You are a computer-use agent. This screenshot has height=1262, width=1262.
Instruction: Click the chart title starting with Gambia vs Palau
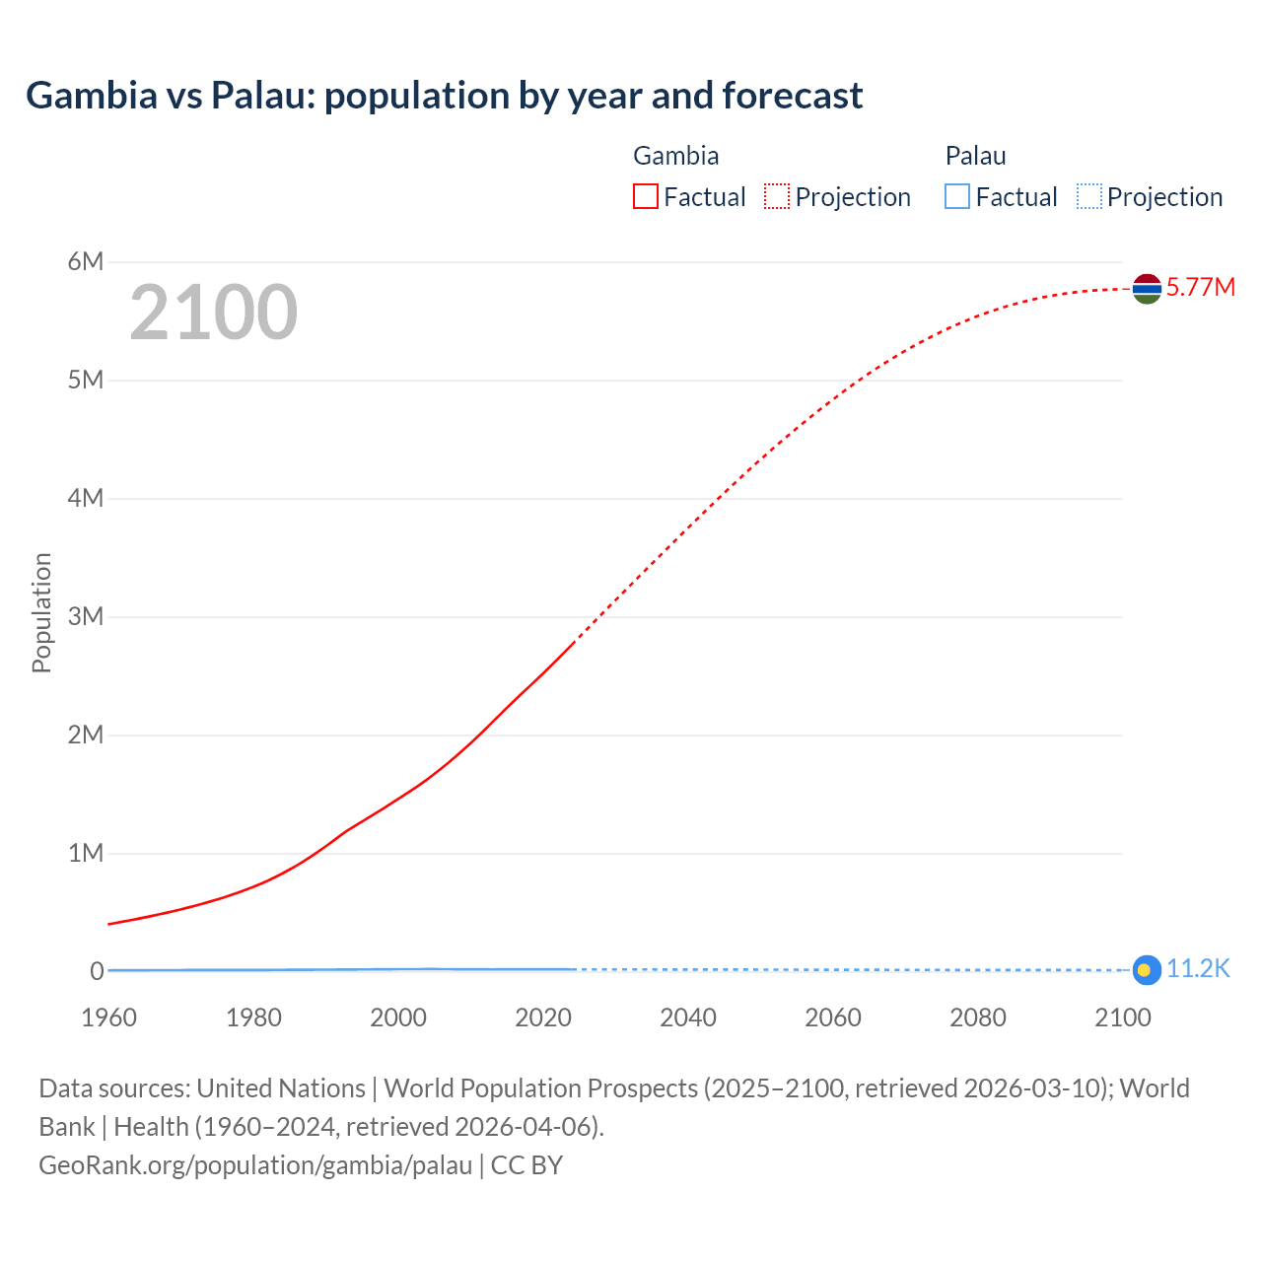click(x=444, y=96)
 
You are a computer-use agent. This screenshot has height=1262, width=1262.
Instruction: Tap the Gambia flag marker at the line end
click(x=1147, y=288)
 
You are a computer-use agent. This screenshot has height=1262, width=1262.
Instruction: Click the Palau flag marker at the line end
click(x=1145, y=970)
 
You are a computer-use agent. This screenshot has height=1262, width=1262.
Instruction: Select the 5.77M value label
click(x=1200, y=287)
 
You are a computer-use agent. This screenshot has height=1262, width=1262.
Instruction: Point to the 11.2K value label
click(x=1198, y=969)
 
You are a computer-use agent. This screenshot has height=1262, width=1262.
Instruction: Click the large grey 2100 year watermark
click(x=213, y=313)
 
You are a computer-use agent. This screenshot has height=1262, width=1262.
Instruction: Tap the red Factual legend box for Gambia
click(x=646, y=197)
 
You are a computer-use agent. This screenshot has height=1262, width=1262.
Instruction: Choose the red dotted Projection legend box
click(x=777, y=197)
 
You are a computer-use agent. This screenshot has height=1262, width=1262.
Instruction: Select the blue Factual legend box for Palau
click(x=957, y=197)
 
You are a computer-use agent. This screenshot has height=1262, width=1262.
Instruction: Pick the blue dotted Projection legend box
click(x=1089, y=197)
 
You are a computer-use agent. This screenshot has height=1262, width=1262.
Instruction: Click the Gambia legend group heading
click(x=675, y=156)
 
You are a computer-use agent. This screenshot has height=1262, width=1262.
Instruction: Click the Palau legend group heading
click(x=975, y=156)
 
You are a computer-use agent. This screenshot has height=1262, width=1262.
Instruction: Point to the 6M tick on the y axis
click(x=86, y=261)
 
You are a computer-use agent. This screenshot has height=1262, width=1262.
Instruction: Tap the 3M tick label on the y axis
click(x=86, y=616)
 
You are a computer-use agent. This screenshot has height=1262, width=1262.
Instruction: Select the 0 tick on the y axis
click(x=97, y=971)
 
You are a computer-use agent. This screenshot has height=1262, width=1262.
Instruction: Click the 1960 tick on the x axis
click(x=108, y=1017)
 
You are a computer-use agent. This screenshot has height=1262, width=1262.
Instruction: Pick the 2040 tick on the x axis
click(x=688, y=1017)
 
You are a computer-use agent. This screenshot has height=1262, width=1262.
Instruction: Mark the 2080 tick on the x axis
click(x=978, y=1017)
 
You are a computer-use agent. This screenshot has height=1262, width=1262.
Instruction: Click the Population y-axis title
click(x=41, y=612)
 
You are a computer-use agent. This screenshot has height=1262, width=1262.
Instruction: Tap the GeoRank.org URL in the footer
click(x=255, y=1165)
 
